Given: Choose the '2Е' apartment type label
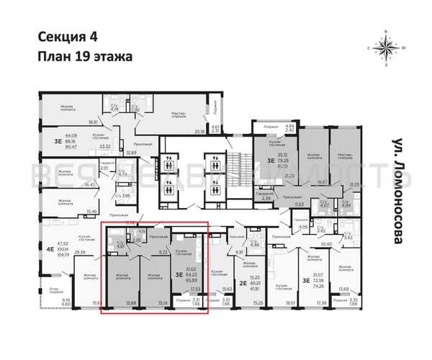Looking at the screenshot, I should click(243, 283).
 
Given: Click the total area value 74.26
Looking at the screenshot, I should click(315, 286).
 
